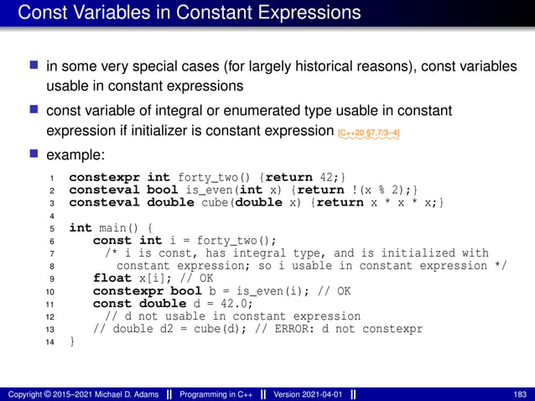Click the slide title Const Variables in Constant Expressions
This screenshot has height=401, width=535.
point(190,13)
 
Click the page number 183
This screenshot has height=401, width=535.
point(519,394)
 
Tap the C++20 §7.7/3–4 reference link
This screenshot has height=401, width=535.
point(368,132)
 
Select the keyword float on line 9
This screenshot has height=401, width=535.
point(112,279)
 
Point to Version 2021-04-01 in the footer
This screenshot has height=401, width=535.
point(304,394)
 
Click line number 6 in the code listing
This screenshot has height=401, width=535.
point(51,241)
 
